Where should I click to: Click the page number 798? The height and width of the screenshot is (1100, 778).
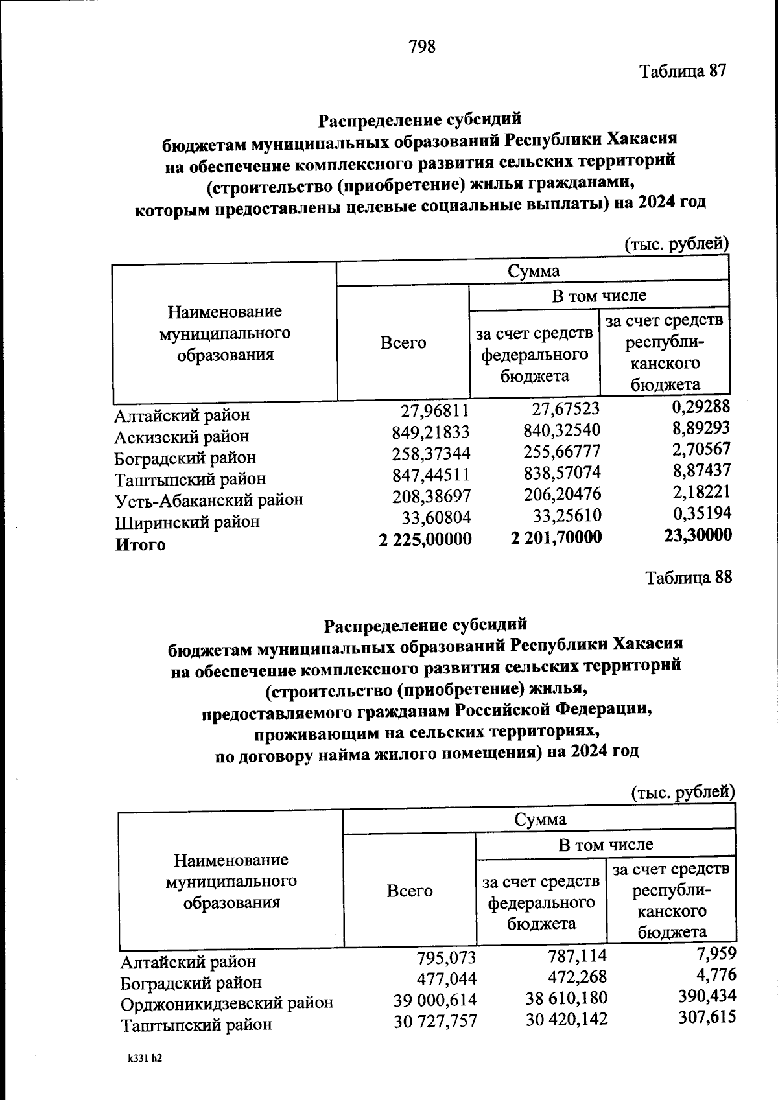(422, 47)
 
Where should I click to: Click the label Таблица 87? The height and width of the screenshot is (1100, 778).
(683, 71)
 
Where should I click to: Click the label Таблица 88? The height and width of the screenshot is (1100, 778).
(689, 578)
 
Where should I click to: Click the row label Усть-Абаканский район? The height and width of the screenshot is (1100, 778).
(209, 500)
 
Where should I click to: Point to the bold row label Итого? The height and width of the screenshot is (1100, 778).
(140, 545)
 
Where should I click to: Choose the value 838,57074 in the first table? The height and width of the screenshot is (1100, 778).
(562, 473)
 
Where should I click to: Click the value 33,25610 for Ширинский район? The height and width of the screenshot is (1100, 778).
(562, 516)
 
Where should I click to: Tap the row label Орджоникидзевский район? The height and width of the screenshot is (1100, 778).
(227, 1003)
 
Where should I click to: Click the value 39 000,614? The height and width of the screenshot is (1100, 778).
(435, 1000)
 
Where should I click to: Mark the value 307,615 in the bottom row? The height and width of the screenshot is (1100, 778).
(707, 1016)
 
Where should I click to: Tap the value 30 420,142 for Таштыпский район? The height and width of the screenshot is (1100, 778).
(567, 1020)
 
